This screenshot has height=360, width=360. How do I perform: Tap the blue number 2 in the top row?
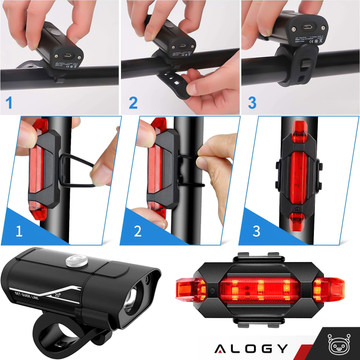[133, 102]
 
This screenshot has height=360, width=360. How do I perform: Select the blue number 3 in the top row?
[253, 102]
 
